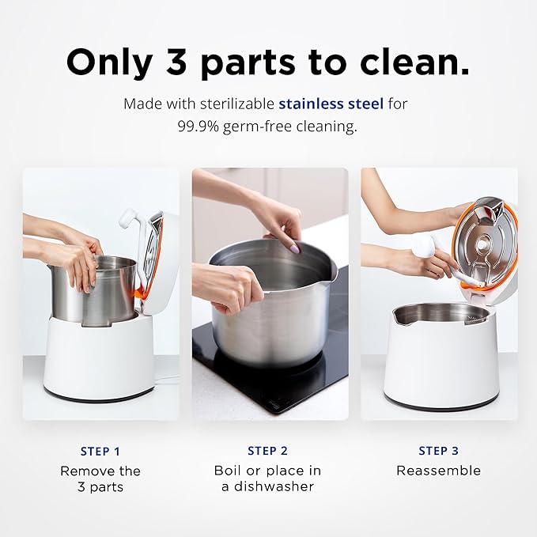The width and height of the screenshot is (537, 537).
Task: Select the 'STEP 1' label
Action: point(100,452)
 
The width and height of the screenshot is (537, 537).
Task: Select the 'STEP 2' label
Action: point(268,452)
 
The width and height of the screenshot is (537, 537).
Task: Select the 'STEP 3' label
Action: point(438,452)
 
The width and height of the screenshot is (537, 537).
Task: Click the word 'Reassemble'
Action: point(438,471)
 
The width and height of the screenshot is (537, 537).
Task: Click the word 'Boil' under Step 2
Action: point(229,471)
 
